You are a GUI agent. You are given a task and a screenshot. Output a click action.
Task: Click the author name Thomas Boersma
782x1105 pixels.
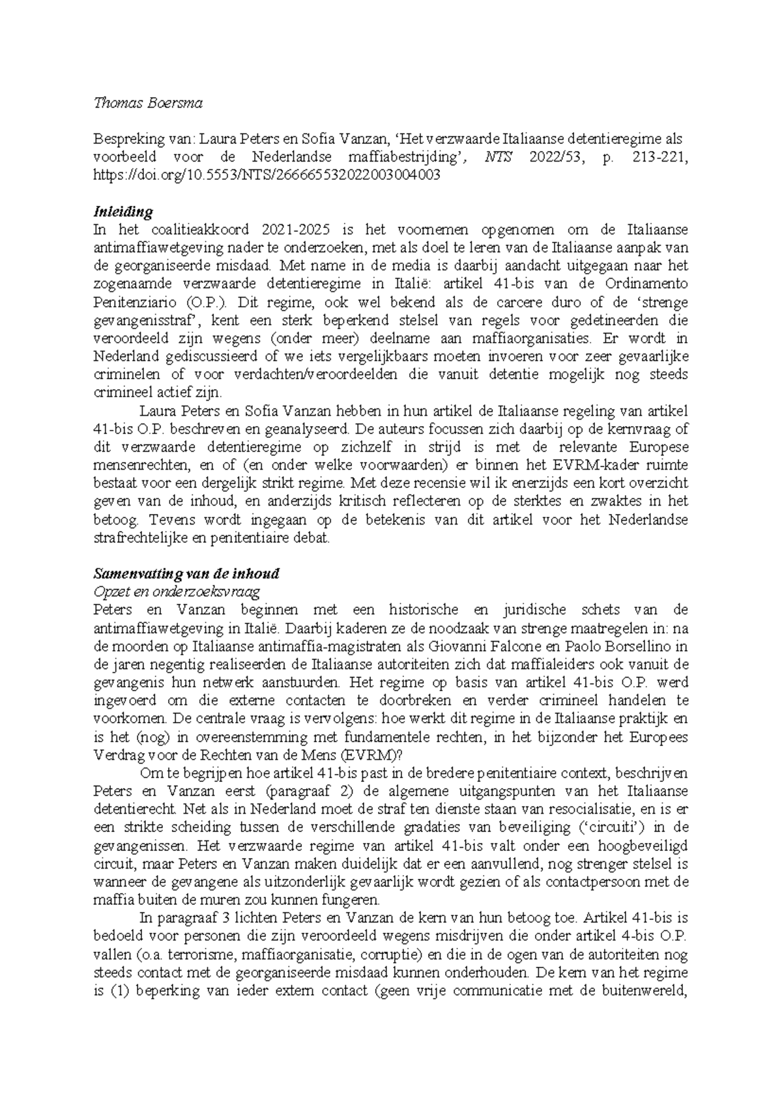click(148, 103)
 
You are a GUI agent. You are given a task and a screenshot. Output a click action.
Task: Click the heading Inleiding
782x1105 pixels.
click(123, 212)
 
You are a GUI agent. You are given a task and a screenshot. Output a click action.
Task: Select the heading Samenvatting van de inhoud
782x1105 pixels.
click(186, 574)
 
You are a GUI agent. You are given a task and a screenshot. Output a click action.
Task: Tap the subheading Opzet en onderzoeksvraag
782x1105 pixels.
click(177, 592)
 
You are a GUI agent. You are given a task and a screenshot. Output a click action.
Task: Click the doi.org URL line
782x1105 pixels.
click(267, 175)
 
